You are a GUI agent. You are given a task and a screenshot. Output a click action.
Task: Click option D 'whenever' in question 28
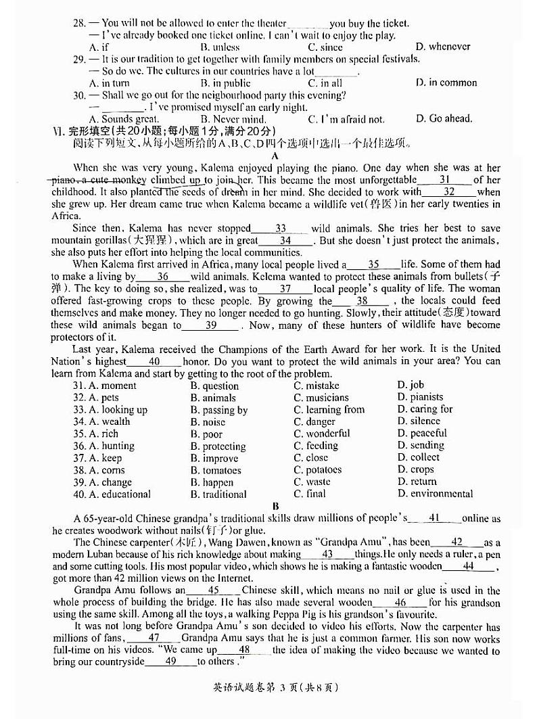443,47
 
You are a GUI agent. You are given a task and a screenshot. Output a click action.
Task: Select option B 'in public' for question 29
225,83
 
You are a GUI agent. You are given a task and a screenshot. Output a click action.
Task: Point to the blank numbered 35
373,264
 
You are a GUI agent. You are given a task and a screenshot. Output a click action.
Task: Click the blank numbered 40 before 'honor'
154,361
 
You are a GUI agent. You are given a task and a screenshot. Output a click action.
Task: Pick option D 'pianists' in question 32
421,397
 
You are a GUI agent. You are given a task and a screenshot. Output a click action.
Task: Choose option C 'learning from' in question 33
329,409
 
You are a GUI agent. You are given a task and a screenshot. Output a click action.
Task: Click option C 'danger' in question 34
315,421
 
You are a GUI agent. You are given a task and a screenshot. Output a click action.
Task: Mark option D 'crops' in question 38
416,469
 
